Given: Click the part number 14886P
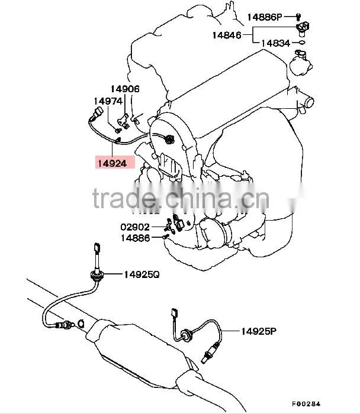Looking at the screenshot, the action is click(x=265, y=17).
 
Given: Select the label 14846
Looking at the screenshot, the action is click(x=227, y=35).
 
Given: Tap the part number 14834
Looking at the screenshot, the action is click(x=276, y=43).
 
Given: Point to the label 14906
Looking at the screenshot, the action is click(x=125, y=89).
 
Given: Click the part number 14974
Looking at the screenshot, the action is click(x=108, y=101).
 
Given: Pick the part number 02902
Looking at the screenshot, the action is click(x=135, y=227).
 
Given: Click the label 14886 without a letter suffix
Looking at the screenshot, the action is click(x=136, y=238).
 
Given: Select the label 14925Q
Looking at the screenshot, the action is click(x=142, y=274).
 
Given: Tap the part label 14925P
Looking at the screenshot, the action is click(x=259, y=331).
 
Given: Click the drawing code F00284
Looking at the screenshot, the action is click(x=306, y=404).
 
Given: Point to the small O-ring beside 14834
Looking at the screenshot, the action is click(x=302, y=42).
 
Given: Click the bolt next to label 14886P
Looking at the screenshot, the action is click(x=298, y=17).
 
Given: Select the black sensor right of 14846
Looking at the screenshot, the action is click(x=302, y=28).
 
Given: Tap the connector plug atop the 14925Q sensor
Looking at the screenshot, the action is click(x=97, y=248).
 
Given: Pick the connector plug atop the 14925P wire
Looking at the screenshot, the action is click(x=175, y=312).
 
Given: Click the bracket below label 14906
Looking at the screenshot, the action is click(x=123, y=121).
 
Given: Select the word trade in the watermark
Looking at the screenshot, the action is click(x=124, y=198).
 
